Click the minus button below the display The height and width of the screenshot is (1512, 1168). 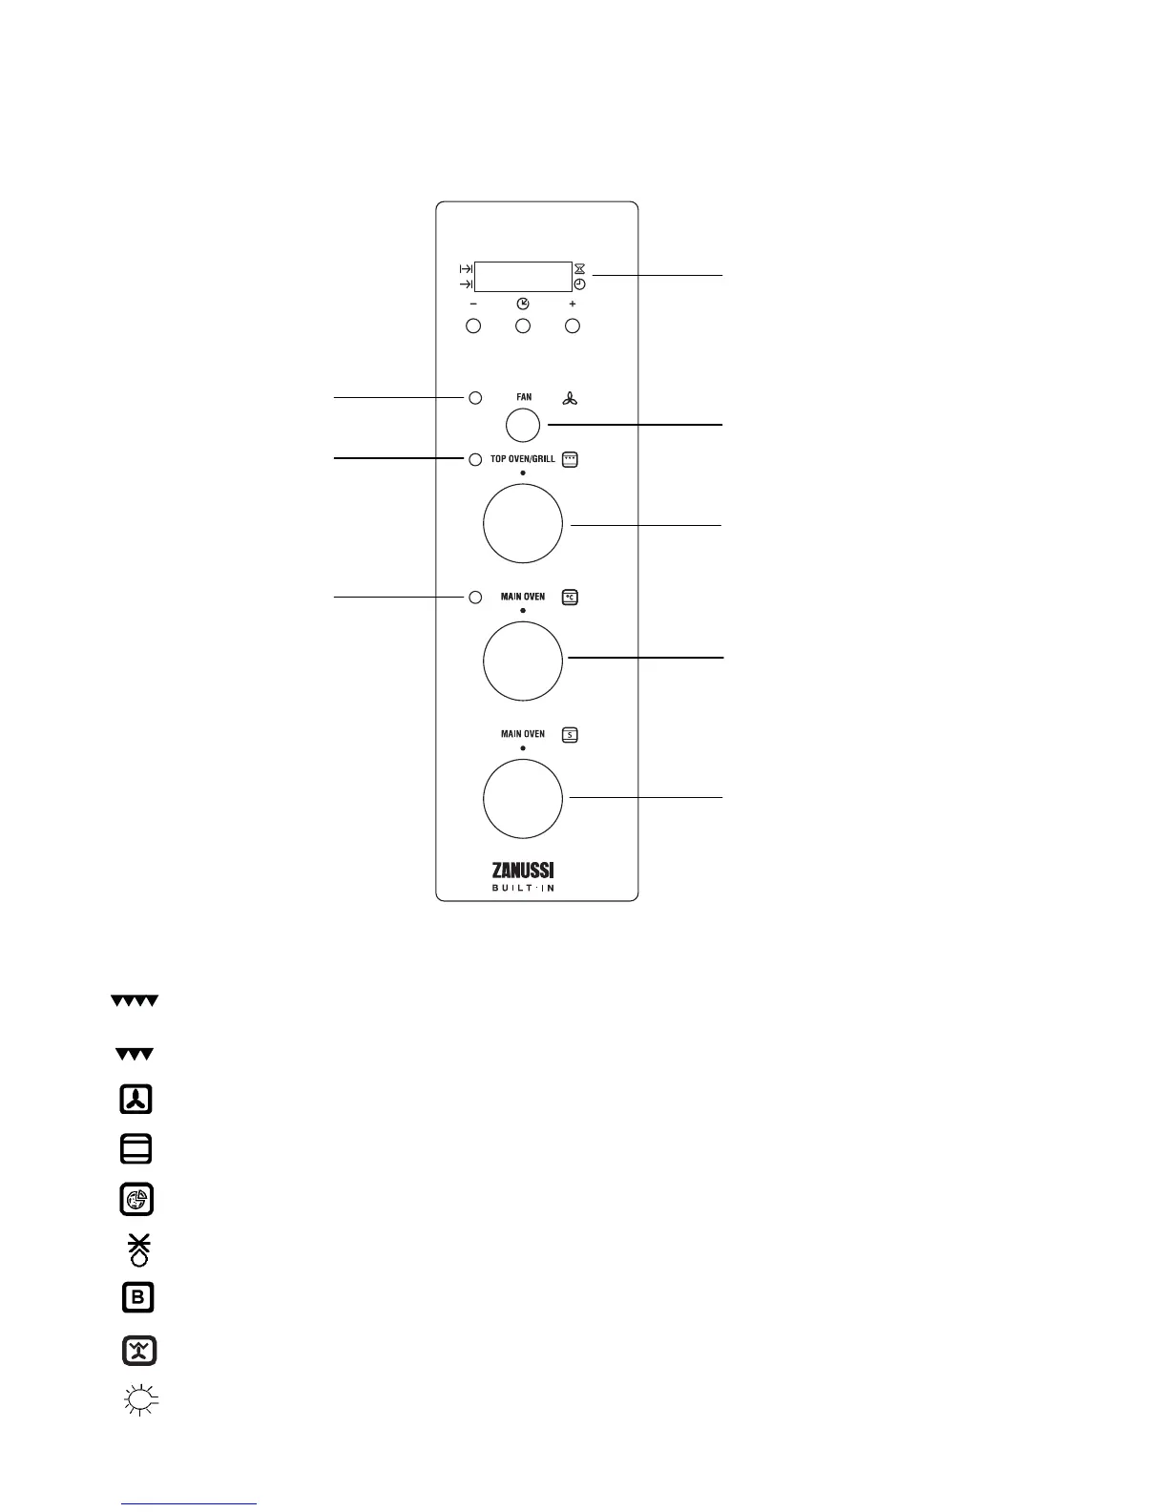pyautogui.click(x=473, y=326)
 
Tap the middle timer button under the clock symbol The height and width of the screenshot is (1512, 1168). pyautogui.click(x=523, y=326)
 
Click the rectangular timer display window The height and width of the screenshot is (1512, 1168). pyautogui.click(x=523, y=276)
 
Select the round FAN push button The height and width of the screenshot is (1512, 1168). pyautogui.click(x=523, y=425)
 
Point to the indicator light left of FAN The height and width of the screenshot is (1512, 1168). pyautogui.click(x=475, y=397)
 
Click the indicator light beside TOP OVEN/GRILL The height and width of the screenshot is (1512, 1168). pyautogui.click(x=475, y=459)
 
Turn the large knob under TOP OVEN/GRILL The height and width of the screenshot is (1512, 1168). pyautogui.click(x=523, y=524)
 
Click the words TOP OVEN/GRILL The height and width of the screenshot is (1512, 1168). pyautogui.click(x=522, y=459)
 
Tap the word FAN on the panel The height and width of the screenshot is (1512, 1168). pyautogui.click(x=524, y=397)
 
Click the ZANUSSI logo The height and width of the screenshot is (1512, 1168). pyautogui.click(x=523, y=870)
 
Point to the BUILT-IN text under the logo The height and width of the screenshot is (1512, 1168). pyautogui.click(x=523, y=889)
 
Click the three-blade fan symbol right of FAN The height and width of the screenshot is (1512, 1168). pyautogui.click(x=570, y=398)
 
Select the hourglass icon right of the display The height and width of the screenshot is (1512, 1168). pyautogui.click(x=579, y=269)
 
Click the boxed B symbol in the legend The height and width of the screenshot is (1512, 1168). pyautogui.click(x=137, y=1297)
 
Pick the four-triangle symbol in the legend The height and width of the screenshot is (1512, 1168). pyautogui.click(x=134, y=1001)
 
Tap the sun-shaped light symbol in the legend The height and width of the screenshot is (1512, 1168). pyautogui.click(x=139, y=1400)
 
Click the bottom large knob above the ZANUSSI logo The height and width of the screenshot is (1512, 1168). pyautogui.click(x=523, y=799)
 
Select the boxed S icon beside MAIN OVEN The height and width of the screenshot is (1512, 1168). pyautogui.click(x=571, y=735)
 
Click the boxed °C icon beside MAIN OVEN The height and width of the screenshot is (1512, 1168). pyautogui.click(x=571, y=598)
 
